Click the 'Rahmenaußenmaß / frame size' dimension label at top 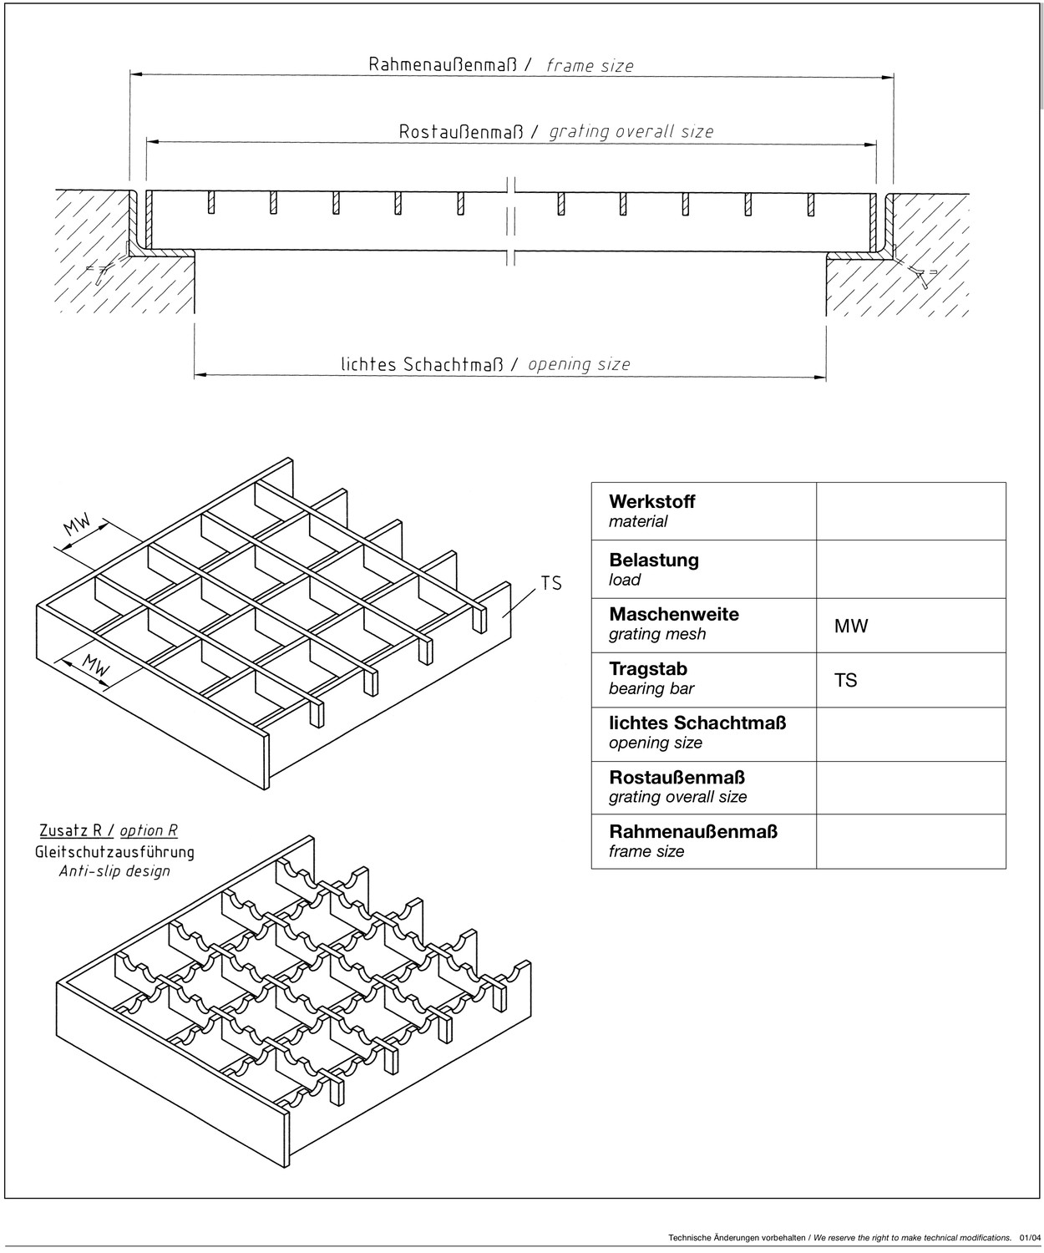point(501,65)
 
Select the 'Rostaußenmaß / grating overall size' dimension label point(555,132)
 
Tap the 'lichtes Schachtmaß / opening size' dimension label point(485,364)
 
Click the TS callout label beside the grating point(551,583)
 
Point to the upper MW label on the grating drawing point(78,525)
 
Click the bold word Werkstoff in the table point(651,502)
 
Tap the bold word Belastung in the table point(653,560)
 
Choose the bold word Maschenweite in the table point(673,614)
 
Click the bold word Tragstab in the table point(647,668)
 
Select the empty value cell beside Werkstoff point(910,511)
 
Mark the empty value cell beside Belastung point(910,569)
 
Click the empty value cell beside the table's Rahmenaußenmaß point(910,841)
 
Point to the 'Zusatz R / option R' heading point(109,830)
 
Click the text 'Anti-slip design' point(114,871)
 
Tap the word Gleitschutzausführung point(114,852)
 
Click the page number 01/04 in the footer point(1030,1237)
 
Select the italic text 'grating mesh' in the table point(657,634)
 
